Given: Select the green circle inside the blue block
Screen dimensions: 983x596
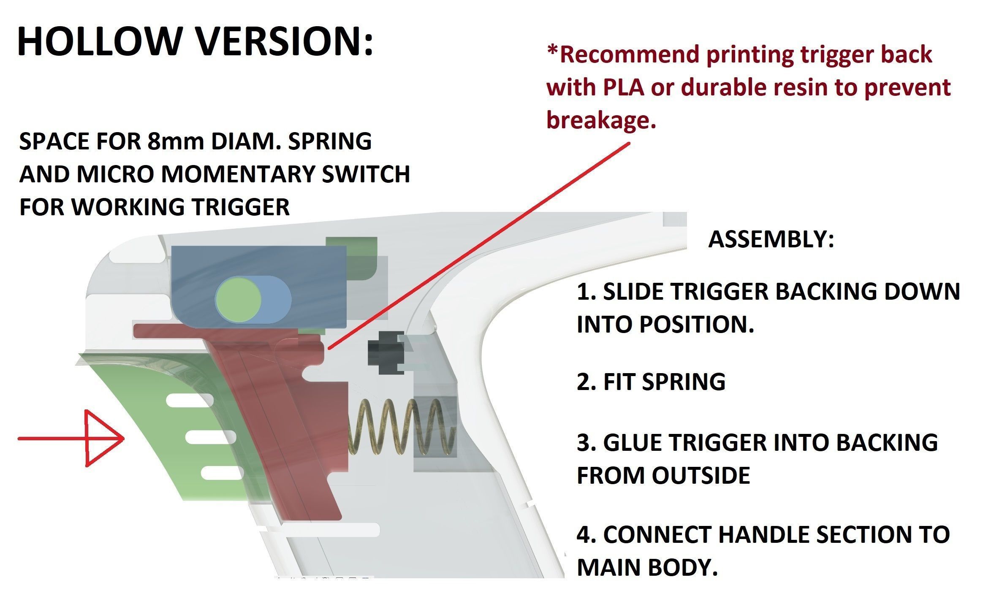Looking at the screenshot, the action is point(239,299).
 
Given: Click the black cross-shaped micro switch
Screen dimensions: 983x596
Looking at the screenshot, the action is point(386,352).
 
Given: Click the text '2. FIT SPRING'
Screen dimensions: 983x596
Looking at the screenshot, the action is point(651,382).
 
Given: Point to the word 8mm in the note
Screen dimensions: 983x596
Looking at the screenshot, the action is point(176,141).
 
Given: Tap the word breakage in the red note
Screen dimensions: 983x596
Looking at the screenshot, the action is point(601,120).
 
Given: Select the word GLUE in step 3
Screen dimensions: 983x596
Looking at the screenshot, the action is point(633,442).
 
